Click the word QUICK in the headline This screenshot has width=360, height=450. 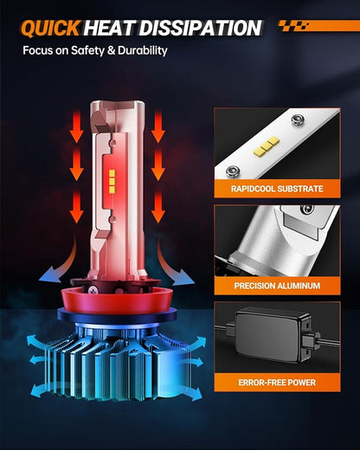[50, 29]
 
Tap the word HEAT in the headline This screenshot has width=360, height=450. [109, 29]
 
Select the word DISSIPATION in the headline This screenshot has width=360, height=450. [200, 29]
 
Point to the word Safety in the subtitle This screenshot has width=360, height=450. [87, 51]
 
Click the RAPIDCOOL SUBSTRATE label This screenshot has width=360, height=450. [277, 189]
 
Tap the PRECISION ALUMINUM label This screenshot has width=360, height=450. [277, 286]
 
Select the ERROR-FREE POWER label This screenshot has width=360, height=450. [277, 382]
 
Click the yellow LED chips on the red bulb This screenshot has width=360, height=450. [112, 182]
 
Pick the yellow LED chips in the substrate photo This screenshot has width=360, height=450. [267, 147]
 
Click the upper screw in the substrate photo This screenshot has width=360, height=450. [298, 119]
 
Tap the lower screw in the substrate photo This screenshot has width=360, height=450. [232, 171]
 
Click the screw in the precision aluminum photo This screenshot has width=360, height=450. [307, 209]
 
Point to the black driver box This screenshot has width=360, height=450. [273, 336]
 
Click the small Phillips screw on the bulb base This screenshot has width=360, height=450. [93, 290]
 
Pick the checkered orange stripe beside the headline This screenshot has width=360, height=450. [318, 26]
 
